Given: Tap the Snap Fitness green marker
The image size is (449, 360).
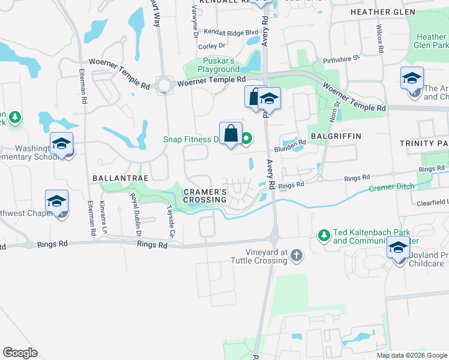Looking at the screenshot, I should click(247, 140).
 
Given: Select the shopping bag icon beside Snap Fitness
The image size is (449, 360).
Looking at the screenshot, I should click(231, 134).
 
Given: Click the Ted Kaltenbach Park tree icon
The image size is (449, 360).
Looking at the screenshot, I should click(324, 235).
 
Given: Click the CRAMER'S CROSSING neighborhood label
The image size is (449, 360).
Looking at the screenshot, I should click(205, 196).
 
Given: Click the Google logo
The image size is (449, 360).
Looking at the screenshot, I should click(20, 353).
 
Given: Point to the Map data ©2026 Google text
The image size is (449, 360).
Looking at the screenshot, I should click(411, 355).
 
